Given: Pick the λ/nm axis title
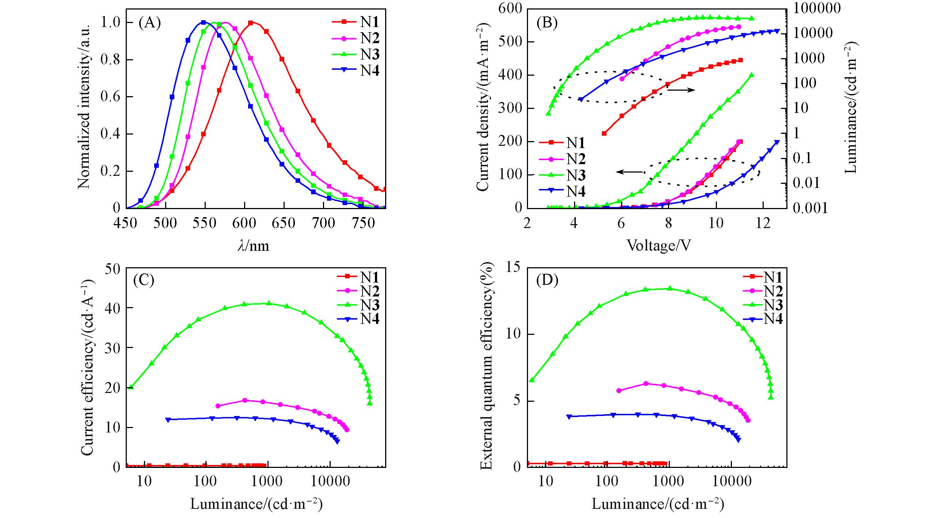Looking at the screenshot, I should [253, 246].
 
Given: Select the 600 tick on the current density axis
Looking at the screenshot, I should [510, 9].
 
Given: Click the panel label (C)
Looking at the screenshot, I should [144, 280].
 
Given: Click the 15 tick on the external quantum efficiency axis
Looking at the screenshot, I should [514, 268].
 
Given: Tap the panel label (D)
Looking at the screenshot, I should [547, 280].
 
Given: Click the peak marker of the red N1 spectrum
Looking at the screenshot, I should [251, 23].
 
